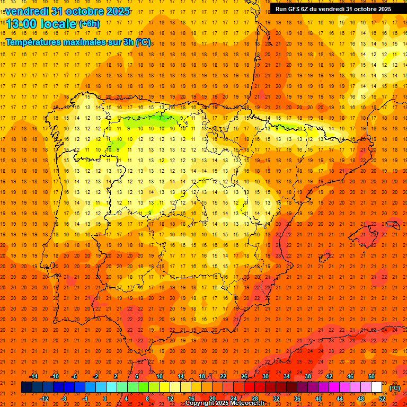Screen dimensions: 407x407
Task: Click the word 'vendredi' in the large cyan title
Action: [x=28, y=11]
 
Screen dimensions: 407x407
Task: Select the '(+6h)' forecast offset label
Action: [x=89, y=23]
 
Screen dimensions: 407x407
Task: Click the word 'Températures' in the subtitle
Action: [x=37, y=42]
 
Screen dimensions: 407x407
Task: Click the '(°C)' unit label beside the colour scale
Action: [x=395, y=388]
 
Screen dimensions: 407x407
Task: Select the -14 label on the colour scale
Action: [x=33, y=376]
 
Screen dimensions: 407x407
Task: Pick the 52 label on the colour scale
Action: [x=382, y=398]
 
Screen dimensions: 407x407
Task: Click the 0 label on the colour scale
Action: [x=105, y=398]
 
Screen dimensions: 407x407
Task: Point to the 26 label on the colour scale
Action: [x=244, y=376]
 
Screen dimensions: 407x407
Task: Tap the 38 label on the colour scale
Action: [x=308, y=376]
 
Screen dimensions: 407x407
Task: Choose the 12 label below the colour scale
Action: [x=170, y=398]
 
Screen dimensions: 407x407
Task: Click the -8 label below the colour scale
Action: [x=64, y=398]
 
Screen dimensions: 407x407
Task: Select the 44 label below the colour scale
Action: [x=340, y=398]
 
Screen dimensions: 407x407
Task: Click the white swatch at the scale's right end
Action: [x=376, y=387]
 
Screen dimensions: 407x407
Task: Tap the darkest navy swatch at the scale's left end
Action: [x=26, y=387]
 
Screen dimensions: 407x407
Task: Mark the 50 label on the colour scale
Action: [x=371, y=376]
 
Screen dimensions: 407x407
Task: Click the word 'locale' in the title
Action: [x=57, y=24]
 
